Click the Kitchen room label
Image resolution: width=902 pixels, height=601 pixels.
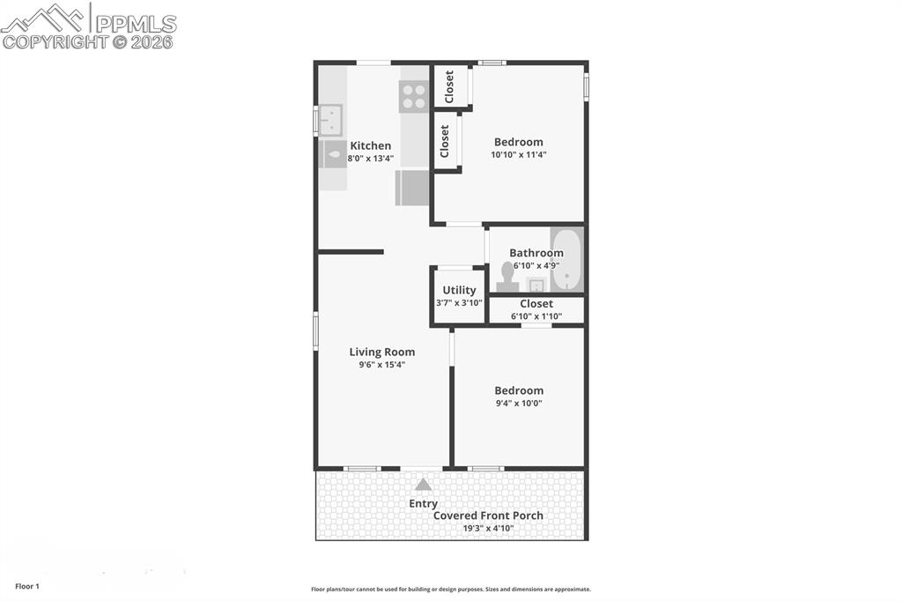370,146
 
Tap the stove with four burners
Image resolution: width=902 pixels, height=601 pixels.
414,96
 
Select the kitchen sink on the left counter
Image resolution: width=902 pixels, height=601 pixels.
330,118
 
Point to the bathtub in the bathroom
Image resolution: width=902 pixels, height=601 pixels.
566,260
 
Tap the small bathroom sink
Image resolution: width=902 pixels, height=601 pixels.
536,284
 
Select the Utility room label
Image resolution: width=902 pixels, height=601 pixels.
459,290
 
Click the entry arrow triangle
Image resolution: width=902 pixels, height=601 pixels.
424,485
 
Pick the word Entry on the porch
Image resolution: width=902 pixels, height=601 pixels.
423,504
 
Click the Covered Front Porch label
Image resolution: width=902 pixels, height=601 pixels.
488,516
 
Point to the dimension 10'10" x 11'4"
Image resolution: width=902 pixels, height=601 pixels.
518,155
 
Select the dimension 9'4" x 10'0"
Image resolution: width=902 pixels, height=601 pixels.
518,404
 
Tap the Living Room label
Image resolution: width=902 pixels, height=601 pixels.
381,352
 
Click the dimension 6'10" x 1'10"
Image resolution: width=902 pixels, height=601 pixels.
536,316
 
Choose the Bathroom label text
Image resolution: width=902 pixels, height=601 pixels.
536,253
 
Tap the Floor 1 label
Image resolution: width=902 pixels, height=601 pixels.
27,586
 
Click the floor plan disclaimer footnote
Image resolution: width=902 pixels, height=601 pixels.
450,590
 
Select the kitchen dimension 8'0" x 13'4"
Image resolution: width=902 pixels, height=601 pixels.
370,159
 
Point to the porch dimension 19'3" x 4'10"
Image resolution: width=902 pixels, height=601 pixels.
487,529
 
